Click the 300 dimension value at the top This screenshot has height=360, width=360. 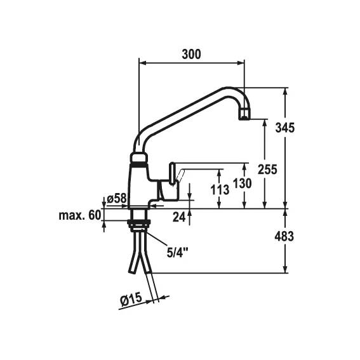coord(191,55)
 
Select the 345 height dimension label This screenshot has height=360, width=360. coord(284,128)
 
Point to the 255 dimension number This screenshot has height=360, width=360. coord(267,170)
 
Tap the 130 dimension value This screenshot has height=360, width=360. coord(242,183)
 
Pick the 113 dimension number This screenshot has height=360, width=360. coord(220,190)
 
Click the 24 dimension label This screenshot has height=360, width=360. coord(179,217)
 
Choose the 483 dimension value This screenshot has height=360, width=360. coord(284,236)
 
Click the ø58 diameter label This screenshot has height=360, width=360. coord(117,198)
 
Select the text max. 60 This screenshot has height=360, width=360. coord(80,215)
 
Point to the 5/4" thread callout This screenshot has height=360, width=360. coord(177,253)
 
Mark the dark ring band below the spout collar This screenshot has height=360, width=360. coord(138,164)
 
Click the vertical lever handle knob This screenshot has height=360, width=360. coord(172,173)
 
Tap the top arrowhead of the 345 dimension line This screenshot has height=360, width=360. coord(285,91)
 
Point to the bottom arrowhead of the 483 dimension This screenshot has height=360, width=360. coord(285,270)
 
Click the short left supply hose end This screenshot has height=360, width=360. coord(132,272)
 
